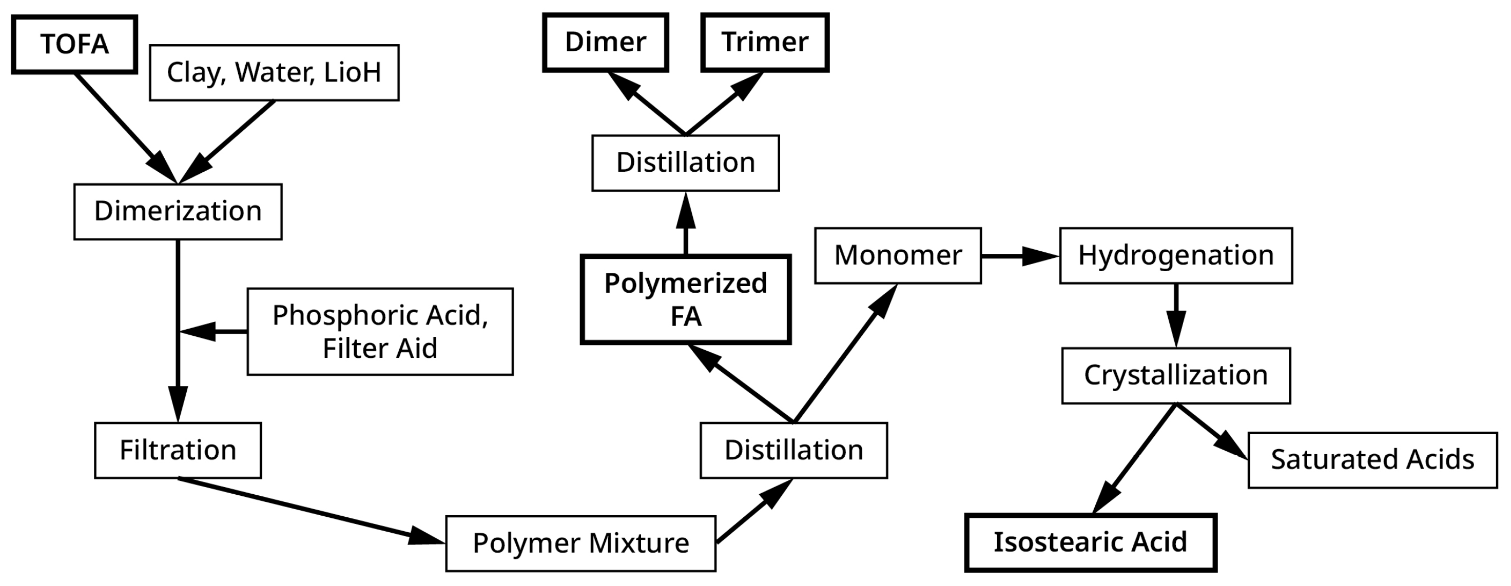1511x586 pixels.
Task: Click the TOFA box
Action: (74, 45)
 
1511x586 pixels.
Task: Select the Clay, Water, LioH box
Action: (274, 73)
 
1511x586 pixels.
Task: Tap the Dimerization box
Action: (178, 212)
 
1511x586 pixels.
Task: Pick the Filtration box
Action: (178, 451)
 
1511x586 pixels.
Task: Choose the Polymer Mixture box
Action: (580, 543)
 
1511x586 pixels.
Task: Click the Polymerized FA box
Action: (685, 299)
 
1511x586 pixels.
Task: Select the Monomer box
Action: (898, 256)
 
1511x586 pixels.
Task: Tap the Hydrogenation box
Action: (1175, 256)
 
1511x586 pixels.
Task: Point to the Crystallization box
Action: (1175, 376)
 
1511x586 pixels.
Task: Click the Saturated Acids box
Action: (1372, 460)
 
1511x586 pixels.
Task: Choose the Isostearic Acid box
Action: (1090, 542)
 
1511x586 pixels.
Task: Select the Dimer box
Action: (605, 43)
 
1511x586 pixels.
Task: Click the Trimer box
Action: (764, 43)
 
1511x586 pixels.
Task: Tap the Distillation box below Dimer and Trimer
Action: (685, 163)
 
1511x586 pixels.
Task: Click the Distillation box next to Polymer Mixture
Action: (793, 451)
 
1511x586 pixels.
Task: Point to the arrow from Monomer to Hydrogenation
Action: (1019, 256)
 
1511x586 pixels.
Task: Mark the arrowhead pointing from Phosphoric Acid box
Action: (197, 332)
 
